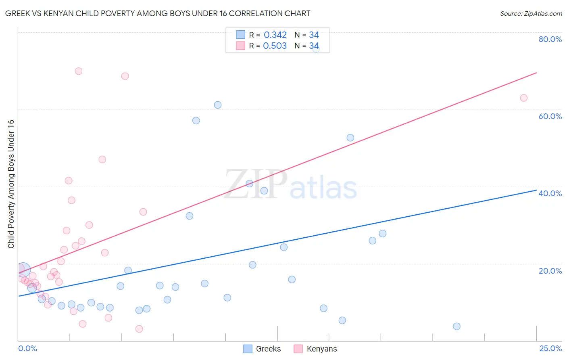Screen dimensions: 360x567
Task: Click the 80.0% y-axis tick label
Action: pos(550,39)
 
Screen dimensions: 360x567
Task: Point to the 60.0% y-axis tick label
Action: pos(550,116)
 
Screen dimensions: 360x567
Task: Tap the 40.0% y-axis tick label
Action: pos(550,193)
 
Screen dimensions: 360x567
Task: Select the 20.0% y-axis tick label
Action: pos(550,271)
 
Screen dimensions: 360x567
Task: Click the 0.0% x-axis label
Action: pos(27,348)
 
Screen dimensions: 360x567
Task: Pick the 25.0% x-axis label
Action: pos(550,348)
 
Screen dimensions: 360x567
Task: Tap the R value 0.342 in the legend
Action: pos(275,35)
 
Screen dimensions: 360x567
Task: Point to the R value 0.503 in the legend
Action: pos(275,46)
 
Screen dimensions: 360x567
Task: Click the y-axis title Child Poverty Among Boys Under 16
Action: pos(11,184)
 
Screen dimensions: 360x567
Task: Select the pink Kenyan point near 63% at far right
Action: pos(523,98)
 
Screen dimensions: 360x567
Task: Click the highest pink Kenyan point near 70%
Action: pos(79,71)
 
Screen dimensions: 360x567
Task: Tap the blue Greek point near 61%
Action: pos(218,105)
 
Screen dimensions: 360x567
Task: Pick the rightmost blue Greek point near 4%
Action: pos(457,327)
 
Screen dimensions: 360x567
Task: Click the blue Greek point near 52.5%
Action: pos(350,138)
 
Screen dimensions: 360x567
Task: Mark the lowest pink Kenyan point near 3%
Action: pos(139,329)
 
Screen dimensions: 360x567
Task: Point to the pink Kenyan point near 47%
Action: pos(102,159)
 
